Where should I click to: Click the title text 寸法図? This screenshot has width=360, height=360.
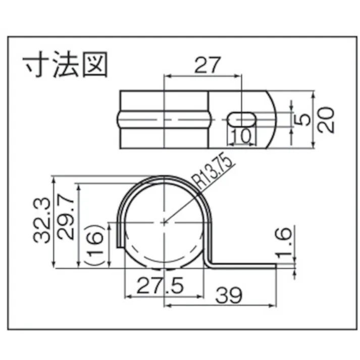(66, 66)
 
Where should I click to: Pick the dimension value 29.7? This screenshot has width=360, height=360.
(67, 221)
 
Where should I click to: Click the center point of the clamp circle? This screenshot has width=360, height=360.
(165, 221)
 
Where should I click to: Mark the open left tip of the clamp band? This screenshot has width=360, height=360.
(120, 245)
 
